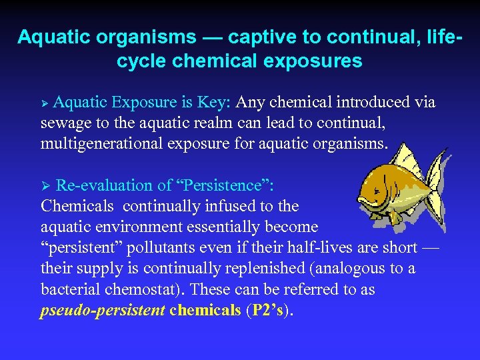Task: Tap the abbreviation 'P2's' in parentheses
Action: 268,311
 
